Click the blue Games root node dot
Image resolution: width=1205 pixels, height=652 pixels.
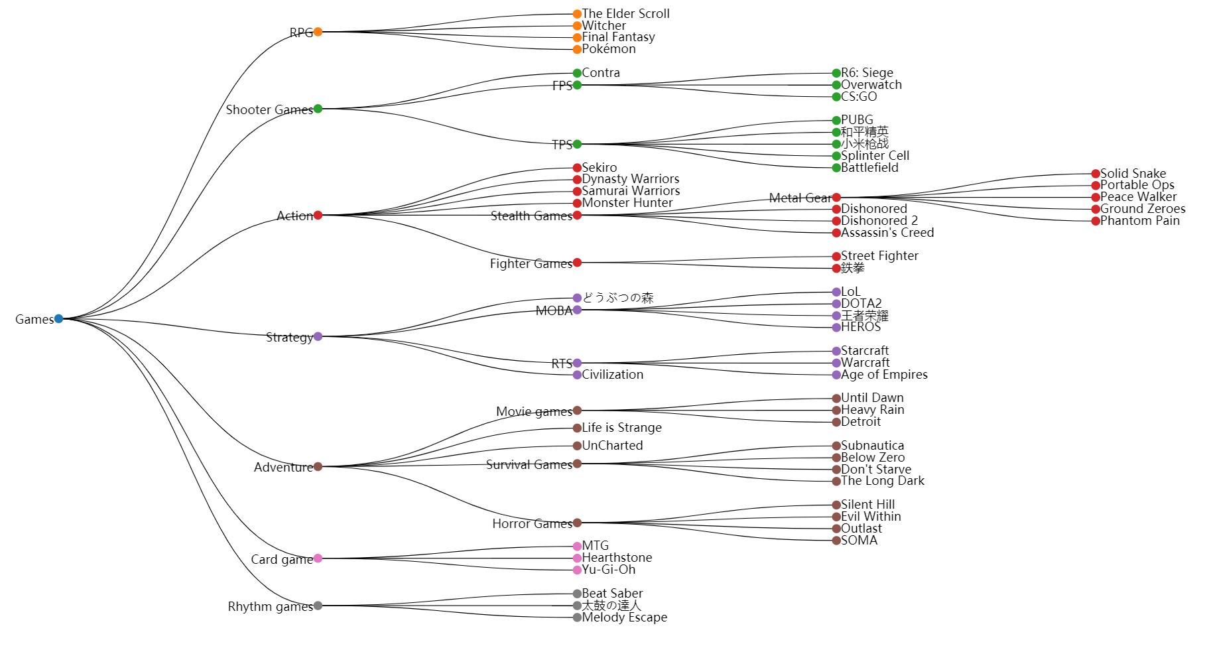(58, 318)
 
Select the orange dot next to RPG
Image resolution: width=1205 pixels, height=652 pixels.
(318, 32)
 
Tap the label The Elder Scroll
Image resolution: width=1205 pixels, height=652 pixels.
(625, 13)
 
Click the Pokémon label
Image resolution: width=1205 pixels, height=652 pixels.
(608, 49)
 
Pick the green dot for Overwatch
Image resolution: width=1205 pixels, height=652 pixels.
(836, 85)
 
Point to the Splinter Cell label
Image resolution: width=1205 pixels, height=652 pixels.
(875, 156)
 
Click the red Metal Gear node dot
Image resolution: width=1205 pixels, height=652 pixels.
(836, 198)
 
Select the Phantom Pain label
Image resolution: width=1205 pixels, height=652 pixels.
(1139, 221)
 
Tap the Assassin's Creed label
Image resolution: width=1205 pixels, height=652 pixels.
(887, 233)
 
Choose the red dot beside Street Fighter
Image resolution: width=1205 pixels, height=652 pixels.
(836, 257)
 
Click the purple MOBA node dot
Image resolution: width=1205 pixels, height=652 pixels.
(577, 310)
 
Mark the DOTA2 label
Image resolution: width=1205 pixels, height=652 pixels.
(861, 304)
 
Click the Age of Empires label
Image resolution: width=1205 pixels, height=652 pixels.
(883, 375)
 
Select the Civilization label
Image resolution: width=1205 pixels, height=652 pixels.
(612, 375)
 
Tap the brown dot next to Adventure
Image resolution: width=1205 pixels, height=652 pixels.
(318, 467)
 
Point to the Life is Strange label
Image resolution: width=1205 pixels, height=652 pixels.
(621, 428)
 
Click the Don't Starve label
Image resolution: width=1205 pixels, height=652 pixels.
(875, 470)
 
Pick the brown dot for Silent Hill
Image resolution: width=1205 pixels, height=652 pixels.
(836, 505)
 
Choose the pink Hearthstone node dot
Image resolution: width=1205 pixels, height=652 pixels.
(577, 558)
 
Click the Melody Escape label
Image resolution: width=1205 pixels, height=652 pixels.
(624, 618)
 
